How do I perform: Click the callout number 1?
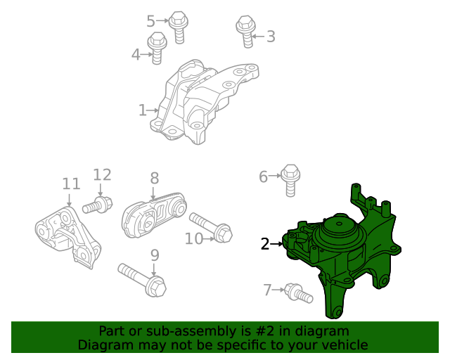(142, 110)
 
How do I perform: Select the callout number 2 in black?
(264, 244)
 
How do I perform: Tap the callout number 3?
(270, 37)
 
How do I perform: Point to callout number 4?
(136, 53)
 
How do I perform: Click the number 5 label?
(150, 21)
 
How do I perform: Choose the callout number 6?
(264, 176)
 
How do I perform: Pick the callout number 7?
(267, 289)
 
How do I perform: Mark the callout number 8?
(154, 179)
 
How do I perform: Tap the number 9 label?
(155, 255)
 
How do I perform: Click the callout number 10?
(194, 239)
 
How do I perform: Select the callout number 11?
(71, 184)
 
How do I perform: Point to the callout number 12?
(102, 174)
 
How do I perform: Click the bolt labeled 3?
(245, 32)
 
